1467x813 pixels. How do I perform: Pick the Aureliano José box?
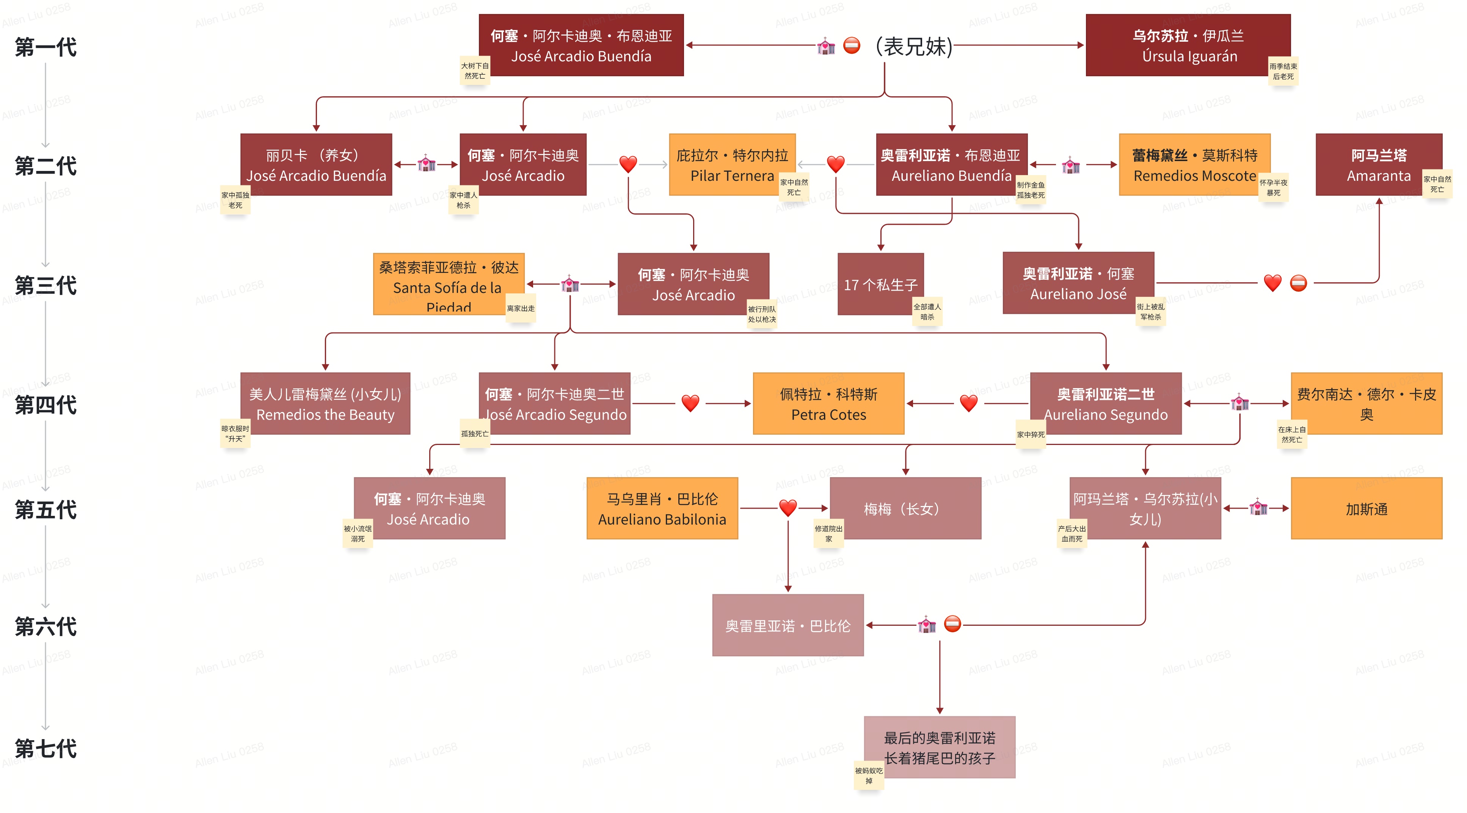[x=1078, y=283]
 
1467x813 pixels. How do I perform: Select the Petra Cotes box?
[x=828, y=404]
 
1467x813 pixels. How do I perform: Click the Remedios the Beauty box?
[x=325, y=404]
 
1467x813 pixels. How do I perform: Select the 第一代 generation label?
[x=46, y=47]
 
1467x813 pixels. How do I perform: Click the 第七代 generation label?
[x=46, y=748]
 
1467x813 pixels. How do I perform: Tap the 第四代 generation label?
[x=46, y=405]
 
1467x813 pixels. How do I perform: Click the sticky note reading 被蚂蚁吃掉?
[x=868, y=775]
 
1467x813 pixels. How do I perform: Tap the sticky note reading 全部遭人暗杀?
[x=927, y=312]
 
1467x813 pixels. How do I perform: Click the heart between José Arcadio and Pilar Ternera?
[x=628, y=164]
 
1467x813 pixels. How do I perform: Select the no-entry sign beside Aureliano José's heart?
[x=1298, y=283]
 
